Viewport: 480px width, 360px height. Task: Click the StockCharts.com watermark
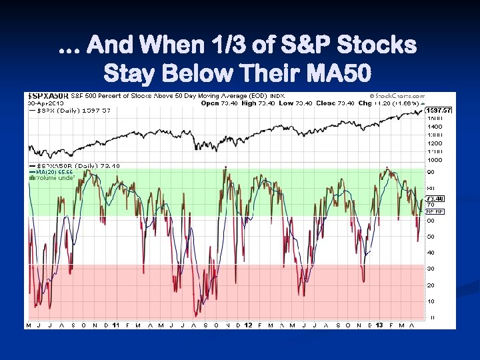point(393,96)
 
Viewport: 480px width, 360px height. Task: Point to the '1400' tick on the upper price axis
point(435,126)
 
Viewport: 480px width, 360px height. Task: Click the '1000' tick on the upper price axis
point(435,160)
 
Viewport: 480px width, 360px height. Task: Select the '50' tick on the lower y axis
point(431,237)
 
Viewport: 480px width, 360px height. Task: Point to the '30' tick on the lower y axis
point(431,269)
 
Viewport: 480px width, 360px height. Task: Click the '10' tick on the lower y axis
point(431,301)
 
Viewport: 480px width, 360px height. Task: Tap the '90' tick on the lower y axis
point(431,172)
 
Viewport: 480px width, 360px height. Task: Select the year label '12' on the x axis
point(248,325)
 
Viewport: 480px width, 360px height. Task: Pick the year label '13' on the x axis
point(380,325)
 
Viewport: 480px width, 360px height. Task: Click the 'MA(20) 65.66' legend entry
point(50,172)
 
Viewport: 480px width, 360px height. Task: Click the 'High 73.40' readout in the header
point(255,103)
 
